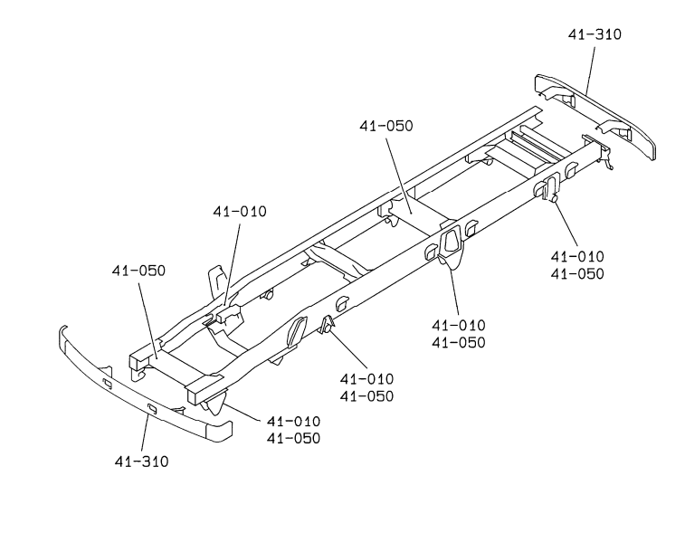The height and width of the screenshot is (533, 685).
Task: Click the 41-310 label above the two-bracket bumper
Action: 595,34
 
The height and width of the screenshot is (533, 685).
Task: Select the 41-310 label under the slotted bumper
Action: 141,461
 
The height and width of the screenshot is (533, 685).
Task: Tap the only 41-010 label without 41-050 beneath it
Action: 240,212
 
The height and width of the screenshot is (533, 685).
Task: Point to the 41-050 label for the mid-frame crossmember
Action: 385,126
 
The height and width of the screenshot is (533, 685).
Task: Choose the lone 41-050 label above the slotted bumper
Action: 138,271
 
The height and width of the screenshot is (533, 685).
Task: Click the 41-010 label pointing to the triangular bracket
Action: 367,378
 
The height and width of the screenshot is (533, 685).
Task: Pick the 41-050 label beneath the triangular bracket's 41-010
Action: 367,395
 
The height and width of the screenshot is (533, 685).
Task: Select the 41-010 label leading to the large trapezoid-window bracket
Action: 458,325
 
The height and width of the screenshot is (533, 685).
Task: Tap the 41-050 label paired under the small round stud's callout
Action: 576,273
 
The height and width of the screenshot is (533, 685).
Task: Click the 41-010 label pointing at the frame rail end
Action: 293,422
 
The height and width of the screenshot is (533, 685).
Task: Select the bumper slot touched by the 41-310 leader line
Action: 151,410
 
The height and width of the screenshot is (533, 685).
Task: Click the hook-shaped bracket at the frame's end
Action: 609,160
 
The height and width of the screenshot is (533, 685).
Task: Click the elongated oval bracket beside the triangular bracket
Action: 296,330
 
